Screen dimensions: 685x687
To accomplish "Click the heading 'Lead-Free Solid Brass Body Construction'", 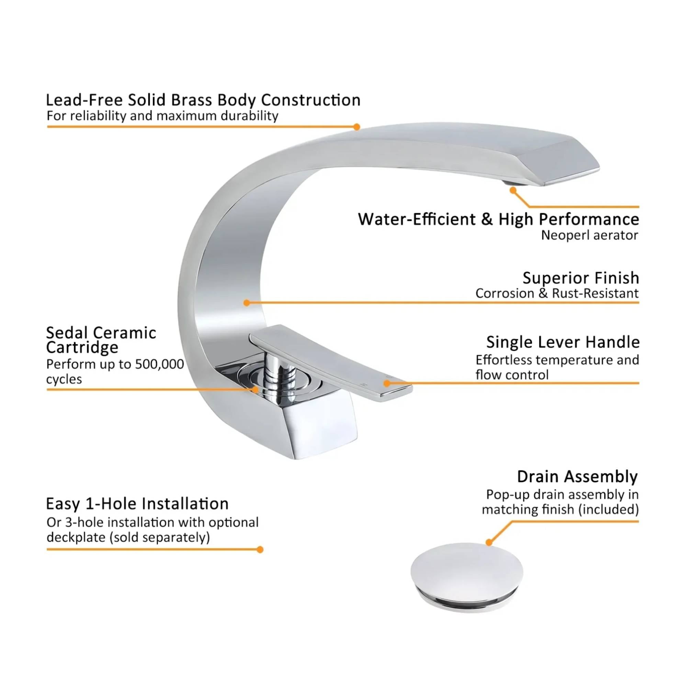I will pyautogui.click(x=203, y=100).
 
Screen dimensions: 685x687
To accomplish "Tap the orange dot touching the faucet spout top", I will pyautogui.click(x=357, y=127).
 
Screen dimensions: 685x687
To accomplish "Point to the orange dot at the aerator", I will pyautogui.click(x=513, y=190).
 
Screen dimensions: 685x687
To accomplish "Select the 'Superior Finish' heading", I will pyautogui.click(x=580, y=278).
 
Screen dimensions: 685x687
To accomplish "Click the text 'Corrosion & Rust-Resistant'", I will pyautogui.click(x=557, y=293).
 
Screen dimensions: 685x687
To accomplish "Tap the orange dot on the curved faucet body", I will pyautogui.click(x=246, y=303).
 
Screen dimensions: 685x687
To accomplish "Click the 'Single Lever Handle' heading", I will pyautogui.click(x=563, y=342).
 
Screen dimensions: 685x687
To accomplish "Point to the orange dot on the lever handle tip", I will pyautogui.click(x=387, y=383).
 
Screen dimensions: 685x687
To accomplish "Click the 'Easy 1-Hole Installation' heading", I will pyautogui.click(x=137, y=504).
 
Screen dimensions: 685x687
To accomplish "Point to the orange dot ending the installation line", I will pyautogui.click(x=260, y=550).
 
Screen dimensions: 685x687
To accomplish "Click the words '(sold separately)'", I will pyautogui.click(x=159, y=537).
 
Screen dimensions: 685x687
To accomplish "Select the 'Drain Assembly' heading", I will pyautogui.click(x=577, y=477).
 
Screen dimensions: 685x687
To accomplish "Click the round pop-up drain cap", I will pyautogui.click(x=466, y=572).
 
